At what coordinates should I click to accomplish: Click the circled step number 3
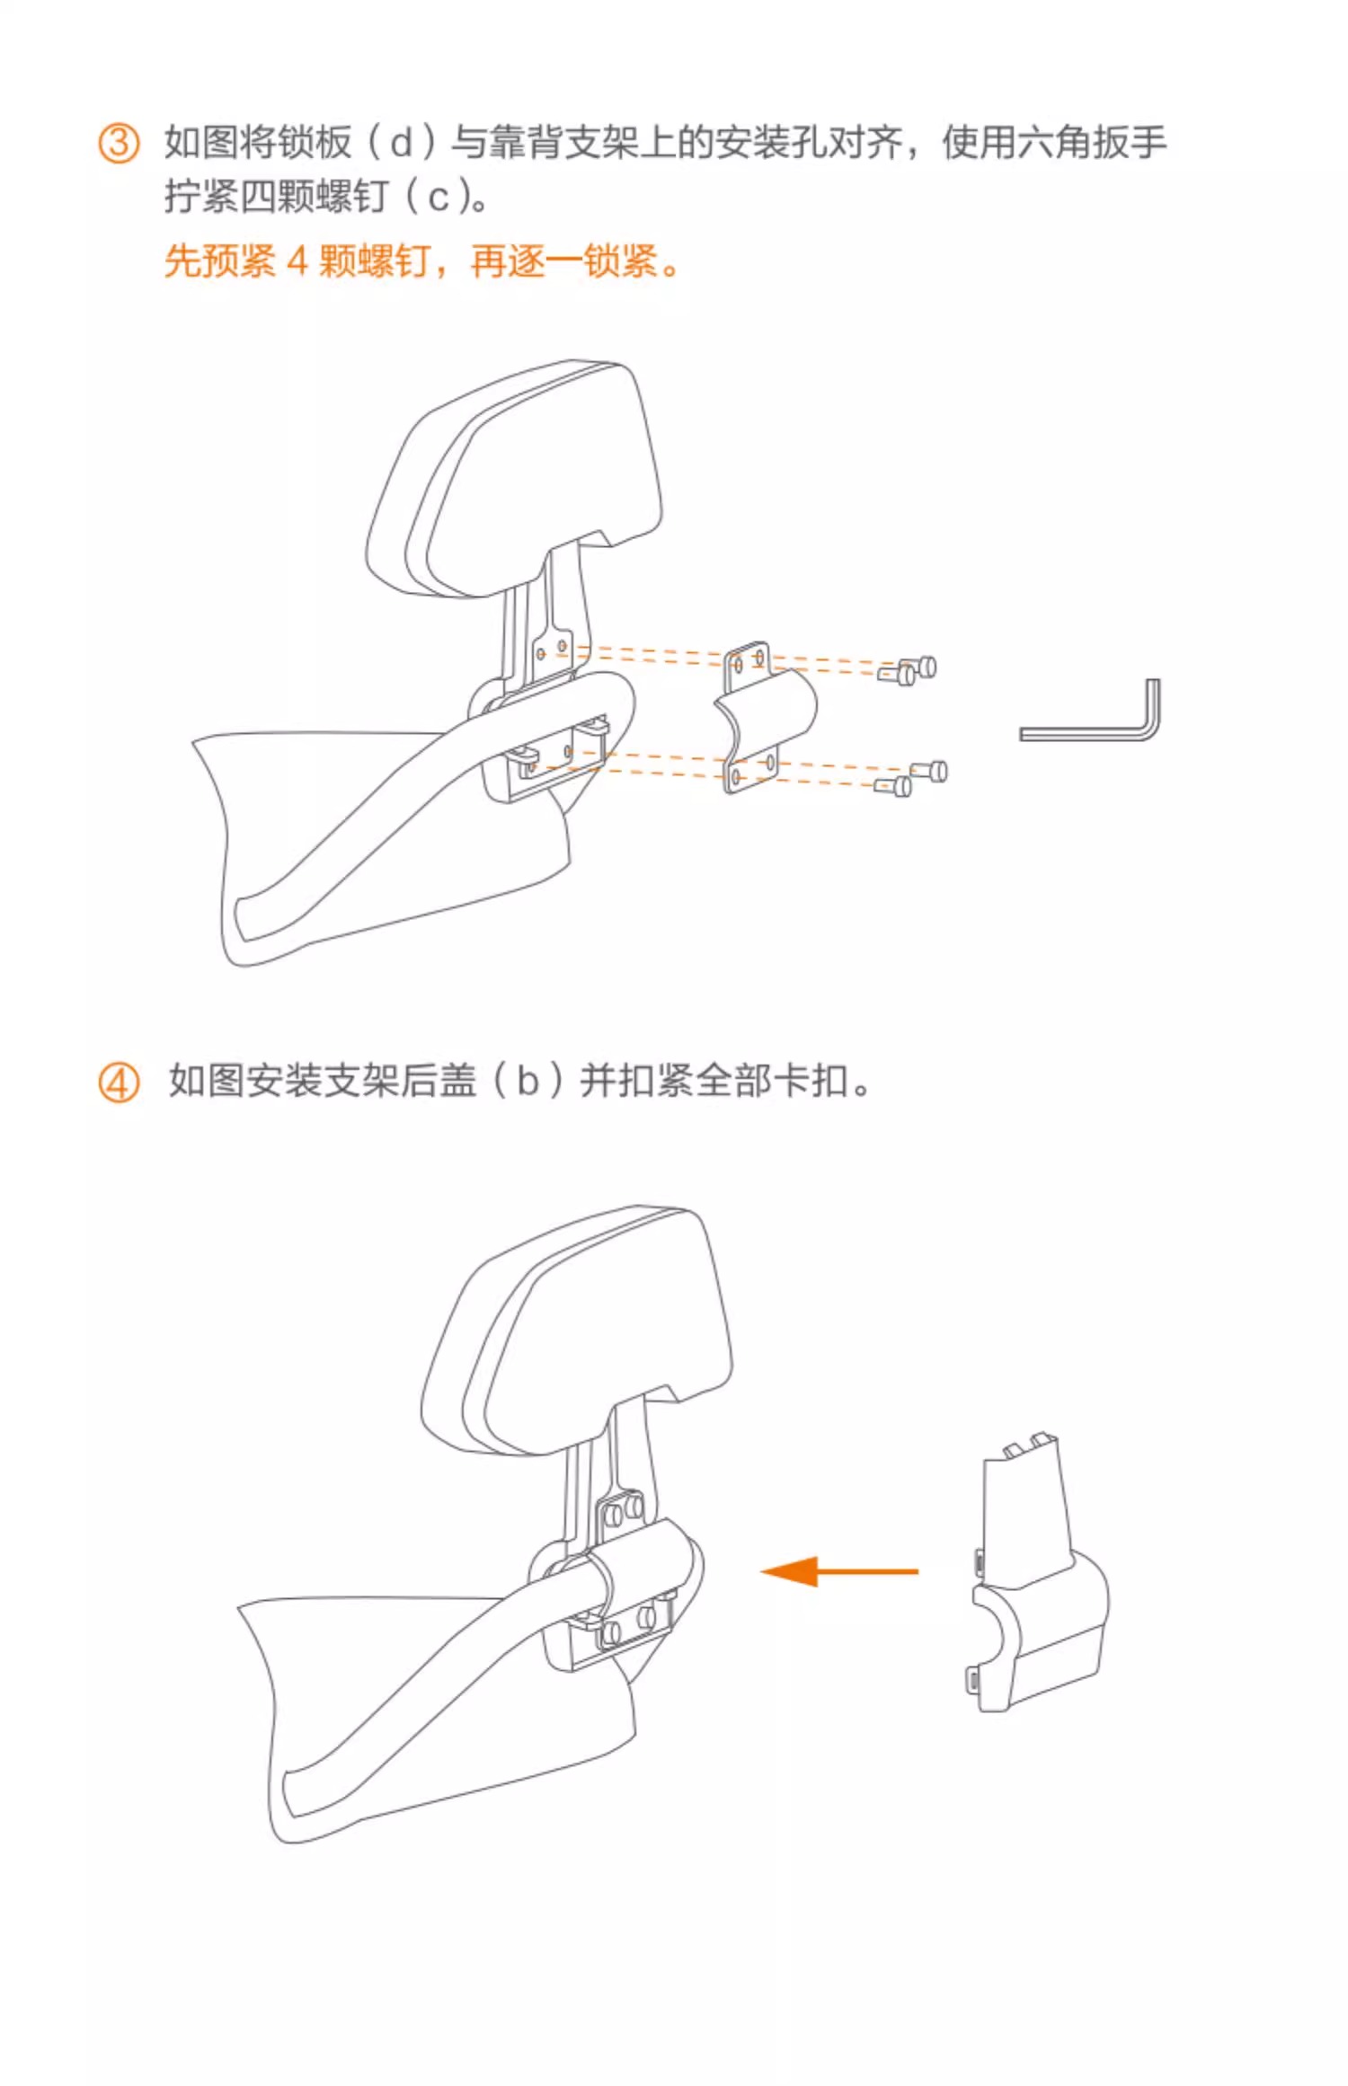coord(119,144)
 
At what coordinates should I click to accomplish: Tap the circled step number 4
coord(119,1083)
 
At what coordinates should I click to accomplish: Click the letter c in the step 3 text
coord(438,197)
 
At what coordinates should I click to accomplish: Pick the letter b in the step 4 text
coord(528,1081)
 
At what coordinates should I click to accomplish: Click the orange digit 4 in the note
coord(297,262)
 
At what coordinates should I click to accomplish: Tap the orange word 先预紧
coord(220,262)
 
